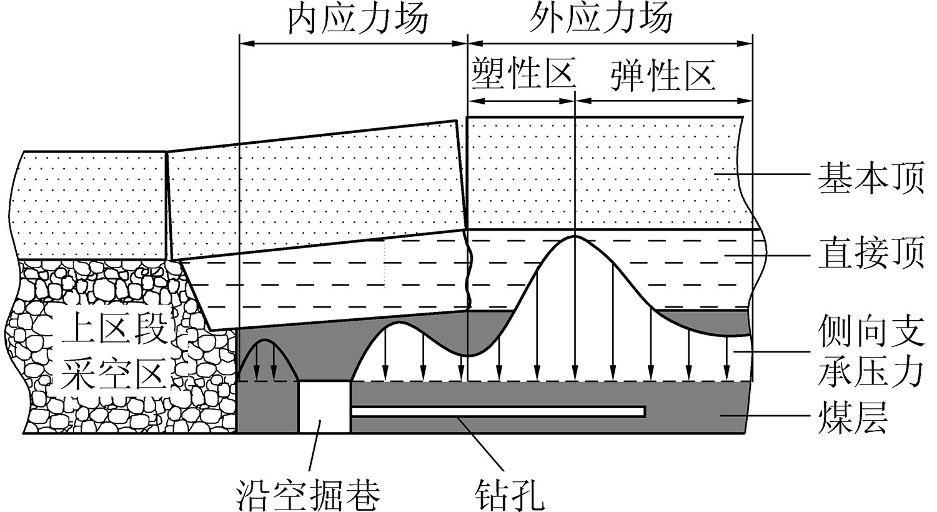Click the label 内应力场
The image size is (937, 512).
click(357, 20)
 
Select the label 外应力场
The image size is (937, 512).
click(601, 20)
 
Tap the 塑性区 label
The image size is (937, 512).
click(522, 74)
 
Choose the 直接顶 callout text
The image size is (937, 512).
click(871, 254)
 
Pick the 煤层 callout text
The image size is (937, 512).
click(852, 418)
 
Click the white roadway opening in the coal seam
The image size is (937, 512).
click(324, 407)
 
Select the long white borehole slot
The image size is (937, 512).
click(498, 411)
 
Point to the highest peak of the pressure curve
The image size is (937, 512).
click(575, 238)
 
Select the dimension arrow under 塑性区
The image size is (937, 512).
click(521, 100)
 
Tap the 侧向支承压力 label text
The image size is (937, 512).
click(871, 353)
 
